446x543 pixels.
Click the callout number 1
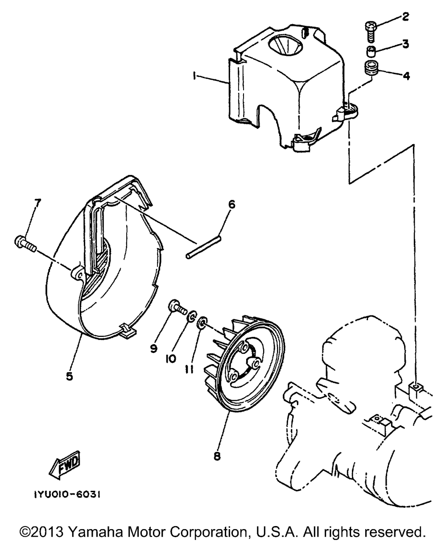(x=195, y=77)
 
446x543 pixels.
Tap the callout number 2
(x=405, y=17)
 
